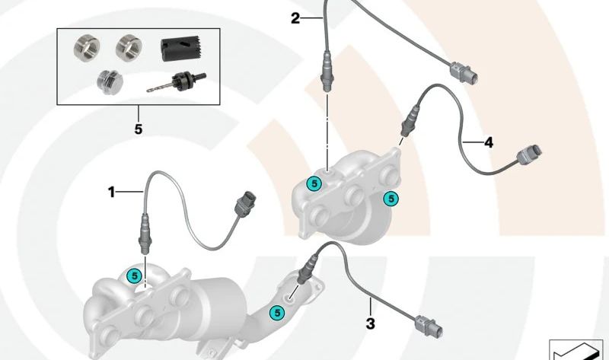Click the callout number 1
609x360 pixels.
(111, 193)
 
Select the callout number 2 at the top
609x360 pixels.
(295, 18)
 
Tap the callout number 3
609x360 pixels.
(371, 324)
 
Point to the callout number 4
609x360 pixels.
(488, 142)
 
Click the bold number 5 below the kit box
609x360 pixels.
(138, 129)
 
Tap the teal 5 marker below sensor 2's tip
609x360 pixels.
(312, 183)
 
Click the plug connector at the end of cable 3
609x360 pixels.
(429, 325)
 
